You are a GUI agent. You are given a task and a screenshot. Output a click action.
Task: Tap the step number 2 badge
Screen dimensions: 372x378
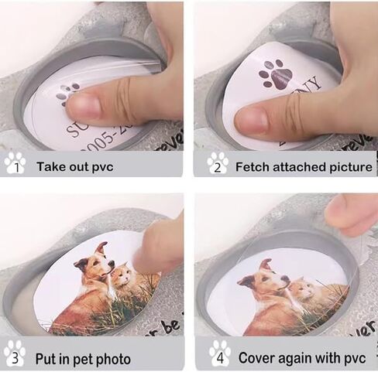click(218, 164)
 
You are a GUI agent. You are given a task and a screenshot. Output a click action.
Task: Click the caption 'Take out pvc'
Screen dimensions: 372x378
click(74, 166)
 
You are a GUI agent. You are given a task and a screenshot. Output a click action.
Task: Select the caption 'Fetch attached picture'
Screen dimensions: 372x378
click(303, 166)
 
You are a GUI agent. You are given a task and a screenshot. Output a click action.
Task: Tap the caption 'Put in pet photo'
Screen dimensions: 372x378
click(83, 359)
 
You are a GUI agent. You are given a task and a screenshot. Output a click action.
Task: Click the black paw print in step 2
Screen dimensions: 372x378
click(276, 74)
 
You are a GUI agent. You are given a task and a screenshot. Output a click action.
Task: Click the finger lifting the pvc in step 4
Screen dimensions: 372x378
click(352, 213)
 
